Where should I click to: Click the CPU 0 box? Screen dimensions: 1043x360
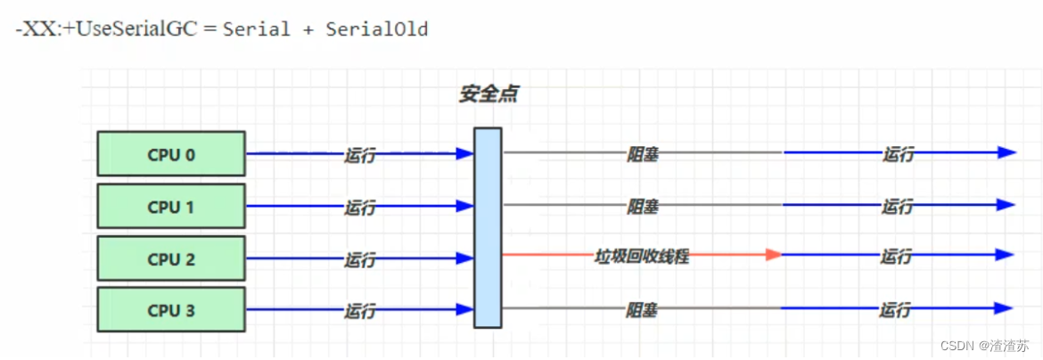[171, 154]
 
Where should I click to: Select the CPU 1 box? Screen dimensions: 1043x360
[171, 207]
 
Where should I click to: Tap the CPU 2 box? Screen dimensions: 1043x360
[171, 259]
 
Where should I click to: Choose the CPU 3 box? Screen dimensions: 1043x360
[171, 311]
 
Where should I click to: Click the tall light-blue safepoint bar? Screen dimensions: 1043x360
[488, 228]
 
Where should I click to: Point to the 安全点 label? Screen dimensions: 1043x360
[488, 94]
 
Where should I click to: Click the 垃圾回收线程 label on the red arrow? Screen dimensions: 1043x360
[642, 257]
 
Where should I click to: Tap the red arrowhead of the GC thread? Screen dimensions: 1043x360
[773, 255]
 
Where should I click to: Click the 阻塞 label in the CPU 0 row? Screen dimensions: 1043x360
[642, 154]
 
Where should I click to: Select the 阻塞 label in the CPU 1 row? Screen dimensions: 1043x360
[642, 207]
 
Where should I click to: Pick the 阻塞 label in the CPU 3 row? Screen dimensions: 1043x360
[642, 310]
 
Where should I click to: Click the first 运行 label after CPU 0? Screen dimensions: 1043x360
[359, 155]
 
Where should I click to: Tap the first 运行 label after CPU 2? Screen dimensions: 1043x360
[359, 259]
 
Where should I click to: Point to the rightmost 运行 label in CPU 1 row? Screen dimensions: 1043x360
[897, 207]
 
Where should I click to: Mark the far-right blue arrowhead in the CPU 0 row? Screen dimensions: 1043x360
[1007, 152]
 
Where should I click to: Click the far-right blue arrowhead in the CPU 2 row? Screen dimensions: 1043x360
[1007, 256]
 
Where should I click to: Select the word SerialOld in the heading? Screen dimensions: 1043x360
[377, 29]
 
